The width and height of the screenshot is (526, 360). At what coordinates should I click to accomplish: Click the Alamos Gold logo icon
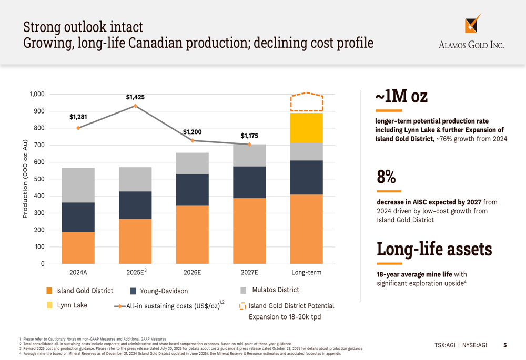(472, 24)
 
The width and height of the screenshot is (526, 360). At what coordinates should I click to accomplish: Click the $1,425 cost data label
(135, 97)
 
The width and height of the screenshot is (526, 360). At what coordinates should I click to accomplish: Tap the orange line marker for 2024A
(78, 128)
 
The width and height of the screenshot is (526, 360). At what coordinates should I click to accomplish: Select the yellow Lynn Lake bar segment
(307, 128)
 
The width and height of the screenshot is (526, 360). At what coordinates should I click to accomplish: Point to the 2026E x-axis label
(192, 272)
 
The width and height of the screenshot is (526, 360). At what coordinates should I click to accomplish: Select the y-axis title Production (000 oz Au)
(25, 179)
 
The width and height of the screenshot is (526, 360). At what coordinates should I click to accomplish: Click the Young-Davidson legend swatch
(133, 291)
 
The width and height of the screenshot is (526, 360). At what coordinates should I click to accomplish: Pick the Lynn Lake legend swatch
(49, 305)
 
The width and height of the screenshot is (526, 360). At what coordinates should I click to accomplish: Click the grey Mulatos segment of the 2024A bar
(78, 185)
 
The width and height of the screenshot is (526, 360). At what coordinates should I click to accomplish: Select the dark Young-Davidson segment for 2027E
(249, 182)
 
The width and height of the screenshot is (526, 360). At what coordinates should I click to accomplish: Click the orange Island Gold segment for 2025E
(135, 241)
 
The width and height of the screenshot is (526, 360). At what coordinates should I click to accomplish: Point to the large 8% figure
(386, 177)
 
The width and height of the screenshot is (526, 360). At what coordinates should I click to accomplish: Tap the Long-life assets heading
(434, 249)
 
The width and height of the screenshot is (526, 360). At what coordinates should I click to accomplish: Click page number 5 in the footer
(505, 345)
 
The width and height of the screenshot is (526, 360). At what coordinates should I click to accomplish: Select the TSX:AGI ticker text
(444, 345)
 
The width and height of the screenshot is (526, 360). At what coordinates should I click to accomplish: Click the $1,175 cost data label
(249, 136)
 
